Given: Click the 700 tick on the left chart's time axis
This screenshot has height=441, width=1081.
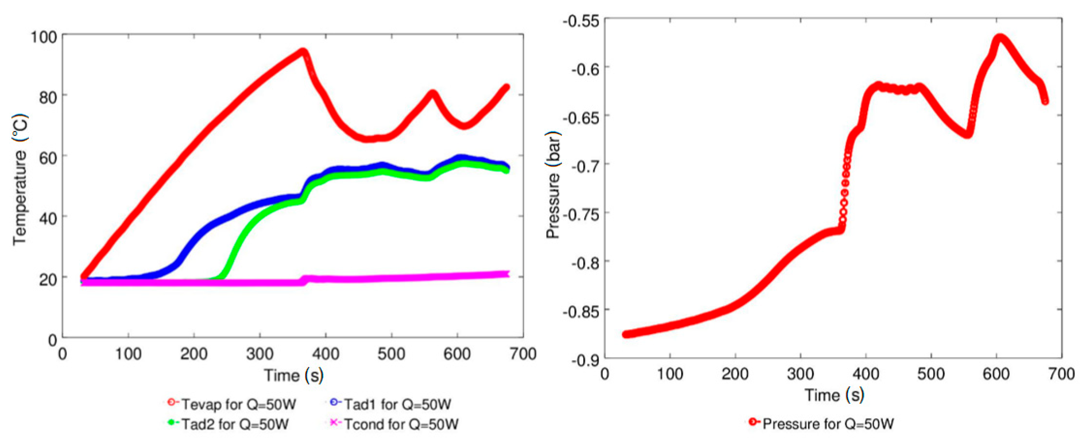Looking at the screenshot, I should (523, 354).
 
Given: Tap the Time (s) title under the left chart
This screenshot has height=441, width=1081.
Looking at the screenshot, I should (293, 375).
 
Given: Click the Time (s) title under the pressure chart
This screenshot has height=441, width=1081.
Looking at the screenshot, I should (834, 395).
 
